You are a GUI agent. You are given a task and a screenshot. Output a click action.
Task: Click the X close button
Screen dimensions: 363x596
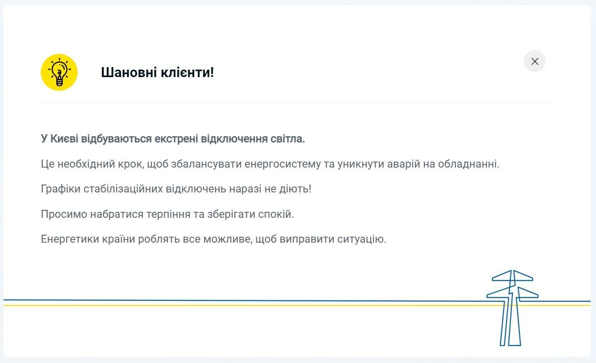click(535, 61)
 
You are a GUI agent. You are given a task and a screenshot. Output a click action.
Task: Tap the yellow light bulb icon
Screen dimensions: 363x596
click(59, 73)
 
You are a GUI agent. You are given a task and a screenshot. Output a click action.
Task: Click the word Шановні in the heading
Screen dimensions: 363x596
click(128, 73)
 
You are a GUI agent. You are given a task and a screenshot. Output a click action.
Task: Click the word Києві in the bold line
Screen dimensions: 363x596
click(64, 139)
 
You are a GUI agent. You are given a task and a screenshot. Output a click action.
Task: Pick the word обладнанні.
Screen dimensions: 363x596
click(468, 164)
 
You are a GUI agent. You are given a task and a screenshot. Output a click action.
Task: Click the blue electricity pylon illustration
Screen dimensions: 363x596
click(511, 308)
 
